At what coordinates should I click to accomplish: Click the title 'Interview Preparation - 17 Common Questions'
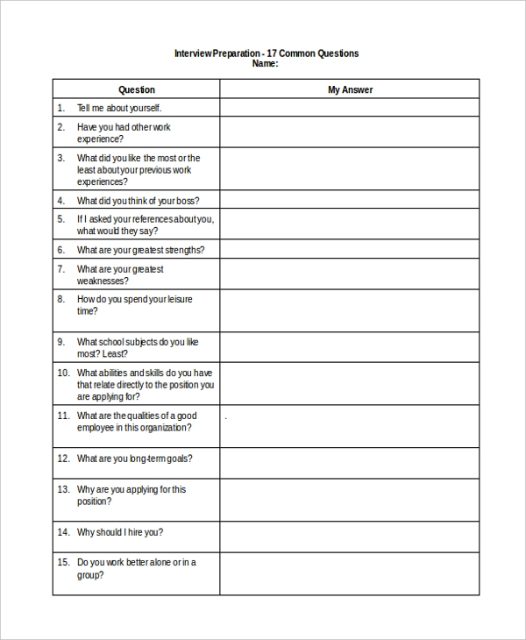267,53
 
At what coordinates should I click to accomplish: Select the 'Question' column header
136,89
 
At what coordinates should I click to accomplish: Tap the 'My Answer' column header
350,89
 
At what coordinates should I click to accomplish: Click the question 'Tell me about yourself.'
119,108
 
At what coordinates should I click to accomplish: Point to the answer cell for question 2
350,132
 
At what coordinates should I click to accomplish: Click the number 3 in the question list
61,158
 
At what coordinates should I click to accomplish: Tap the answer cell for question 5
350,224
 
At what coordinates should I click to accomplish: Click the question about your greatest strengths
140,250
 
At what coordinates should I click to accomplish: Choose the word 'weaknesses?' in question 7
103,281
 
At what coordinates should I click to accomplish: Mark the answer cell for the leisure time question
350,310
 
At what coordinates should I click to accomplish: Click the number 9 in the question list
61,342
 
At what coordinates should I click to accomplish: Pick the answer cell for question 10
350,384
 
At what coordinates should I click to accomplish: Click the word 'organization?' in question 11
161,428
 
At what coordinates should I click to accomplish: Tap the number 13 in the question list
63,489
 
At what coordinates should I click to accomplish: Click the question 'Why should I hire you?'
120,532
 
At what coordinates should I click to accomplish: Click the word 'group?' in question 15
90,575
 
